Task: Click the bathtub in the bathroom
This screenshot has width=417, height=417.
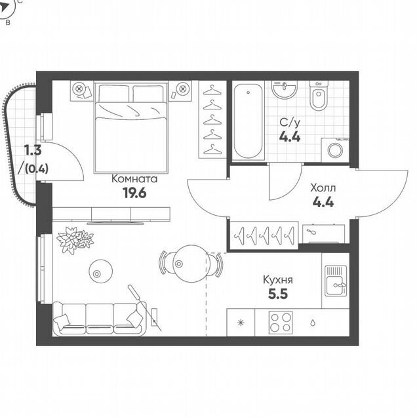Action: (x=248, y=121)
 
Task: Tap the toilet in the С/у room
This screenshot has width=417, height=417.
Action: (x=319, y=96)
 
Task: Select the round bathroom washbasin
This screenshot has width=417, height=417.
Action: (x=285, y=90)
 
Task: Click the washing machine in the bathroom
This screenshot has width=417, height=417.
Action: (x=335, y=150)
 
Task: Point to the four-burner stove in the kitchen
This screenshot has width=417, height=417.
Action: (x=281, y=323)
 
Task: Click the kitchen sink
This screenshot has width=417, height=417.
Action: (x=336, y=281)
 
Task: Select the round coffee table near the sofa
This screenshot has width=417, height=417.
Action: (x=100, y=271)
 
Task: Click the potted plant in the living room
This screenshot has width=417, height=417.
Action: (x=75, y=240)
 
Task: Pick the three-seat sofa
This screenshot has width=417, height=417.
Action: (x=100, y=319)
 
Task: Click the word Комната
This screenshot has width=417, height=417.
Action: (x=134, y=179)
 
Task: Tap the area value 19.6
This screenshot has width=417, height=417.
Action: (x=134, y=193)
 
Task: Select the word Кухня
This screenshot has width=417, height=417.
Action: (x=278, y=280)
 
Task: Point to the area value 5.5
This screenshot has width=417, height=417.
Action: (x=278, y=294)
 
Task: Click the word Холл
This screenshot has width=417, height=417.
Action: (x=323, y=188)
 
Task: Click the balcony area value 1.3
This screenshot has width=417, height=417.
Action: (x=33, y=151)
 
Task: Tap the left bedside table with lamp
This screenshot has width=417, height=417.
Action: (x=82, y=90)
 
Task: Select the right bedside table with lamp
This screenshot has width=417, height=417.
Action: (x=180, y=90)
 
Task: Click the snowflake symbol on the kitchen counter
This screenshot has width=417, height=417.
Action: (x=241, y=323)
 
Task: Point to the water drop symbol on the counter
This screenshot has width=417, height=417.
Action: (x=313, y=323)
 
